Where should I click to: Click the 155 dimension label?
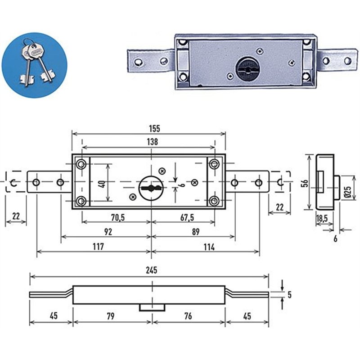[x=154, y=129]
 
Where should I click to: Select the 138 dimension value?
[x=153, y=142]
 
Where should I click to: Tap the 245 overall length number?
[x=152, y=270]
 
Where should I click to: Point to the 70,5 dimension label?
[x=118, y=217]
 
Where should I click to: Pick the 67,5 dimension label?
[x=187, y=217]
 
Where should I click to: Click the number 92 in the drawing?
[x=108, y=232]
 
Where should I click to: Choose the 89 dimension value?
[x=195, y=232]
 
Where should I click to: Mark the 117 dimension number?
[x=98, y=247]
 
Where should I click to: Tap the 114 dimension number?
[x=209, y=247]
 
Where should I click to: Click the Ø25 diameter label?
[x=348, y=192]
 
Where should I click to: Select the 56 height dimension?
[x=305, y=183]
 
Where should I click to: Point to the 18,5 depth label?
[x=322, y=218]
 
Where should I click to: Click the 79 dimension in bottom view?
[x=110, y=316]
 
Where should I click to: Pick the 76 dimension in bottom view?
[x=188, y=316]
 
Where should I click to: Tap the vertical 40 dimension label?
[x=103, y=184]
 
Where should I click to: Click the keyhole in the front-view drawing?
[x=151, y=188]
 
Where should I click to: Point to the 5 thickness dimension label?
[x=289, y=295]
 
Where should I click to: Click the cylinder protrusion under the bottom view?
[x=152, y=308]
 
